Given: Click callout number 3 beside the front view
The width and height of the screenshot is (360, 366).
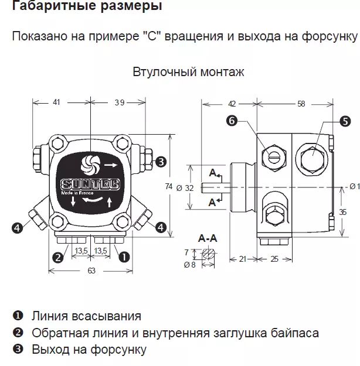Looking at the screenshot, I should point(161,162).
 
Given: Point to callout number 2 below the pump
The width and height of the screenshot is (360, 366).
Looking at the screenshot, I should point(57,256).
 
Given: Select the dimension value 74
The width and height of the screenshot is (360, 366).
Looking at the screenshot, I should point(169,186).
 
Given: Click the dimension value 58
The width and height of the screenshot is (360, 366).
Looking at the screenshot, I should point(301,104).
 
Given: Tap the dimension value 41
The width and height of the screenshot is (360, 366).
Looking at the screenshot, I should point(56,102).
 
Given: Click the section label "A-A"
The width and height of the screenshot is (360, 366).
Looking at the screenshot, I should point(208,239).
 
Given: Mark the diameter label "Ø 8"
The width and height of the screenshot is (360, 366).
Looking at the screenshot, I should point(189,264).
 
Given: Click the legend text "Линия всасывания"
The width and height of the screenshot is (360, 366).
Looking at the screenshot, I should point(86,316).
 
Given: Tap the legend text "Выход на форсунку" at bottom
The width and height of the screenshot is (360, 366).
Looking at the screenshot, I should point(89,350).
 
